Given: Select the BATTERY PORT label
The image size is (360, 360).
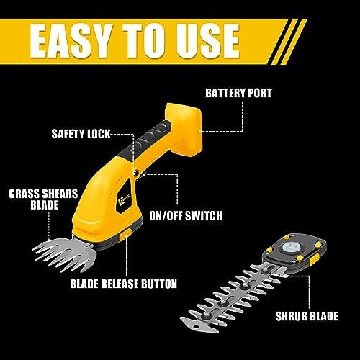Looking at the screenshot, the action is [238, 93].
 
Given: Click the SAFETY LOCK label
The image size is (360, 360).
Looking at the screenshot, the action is [81, 134].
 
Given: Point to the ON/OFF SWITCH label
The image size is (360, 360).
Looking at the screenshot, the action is [186, 215].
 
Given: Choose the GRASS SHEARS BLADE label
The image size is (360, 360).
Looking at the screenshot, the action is [43, 199].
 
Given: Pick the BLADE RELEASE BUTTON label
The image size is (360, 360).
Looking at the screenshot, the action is [124, 284].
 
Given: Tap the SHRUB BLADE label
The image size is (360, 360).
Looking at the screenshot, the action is [307, 316].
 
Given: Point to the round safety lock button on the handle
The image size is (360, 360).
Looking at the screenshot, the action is [136, 173].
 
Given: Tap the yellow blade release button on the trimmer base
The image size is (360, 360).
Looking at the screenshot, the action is [126, 233].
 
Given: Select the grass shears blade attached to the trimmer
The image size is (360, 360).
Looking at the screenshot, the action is [65, 255].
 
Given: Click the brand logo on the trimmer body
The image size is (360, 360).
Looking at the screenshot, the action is [125, 197].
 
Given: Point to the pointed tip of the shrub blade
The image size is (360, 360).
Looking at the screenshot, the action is [181, 319].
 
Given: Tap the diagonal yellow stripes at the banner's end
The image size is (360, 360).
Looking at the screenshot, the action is [287, 41].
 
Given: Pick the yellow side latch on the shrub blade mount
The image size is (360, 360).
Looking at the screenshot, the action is [315, 260].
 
